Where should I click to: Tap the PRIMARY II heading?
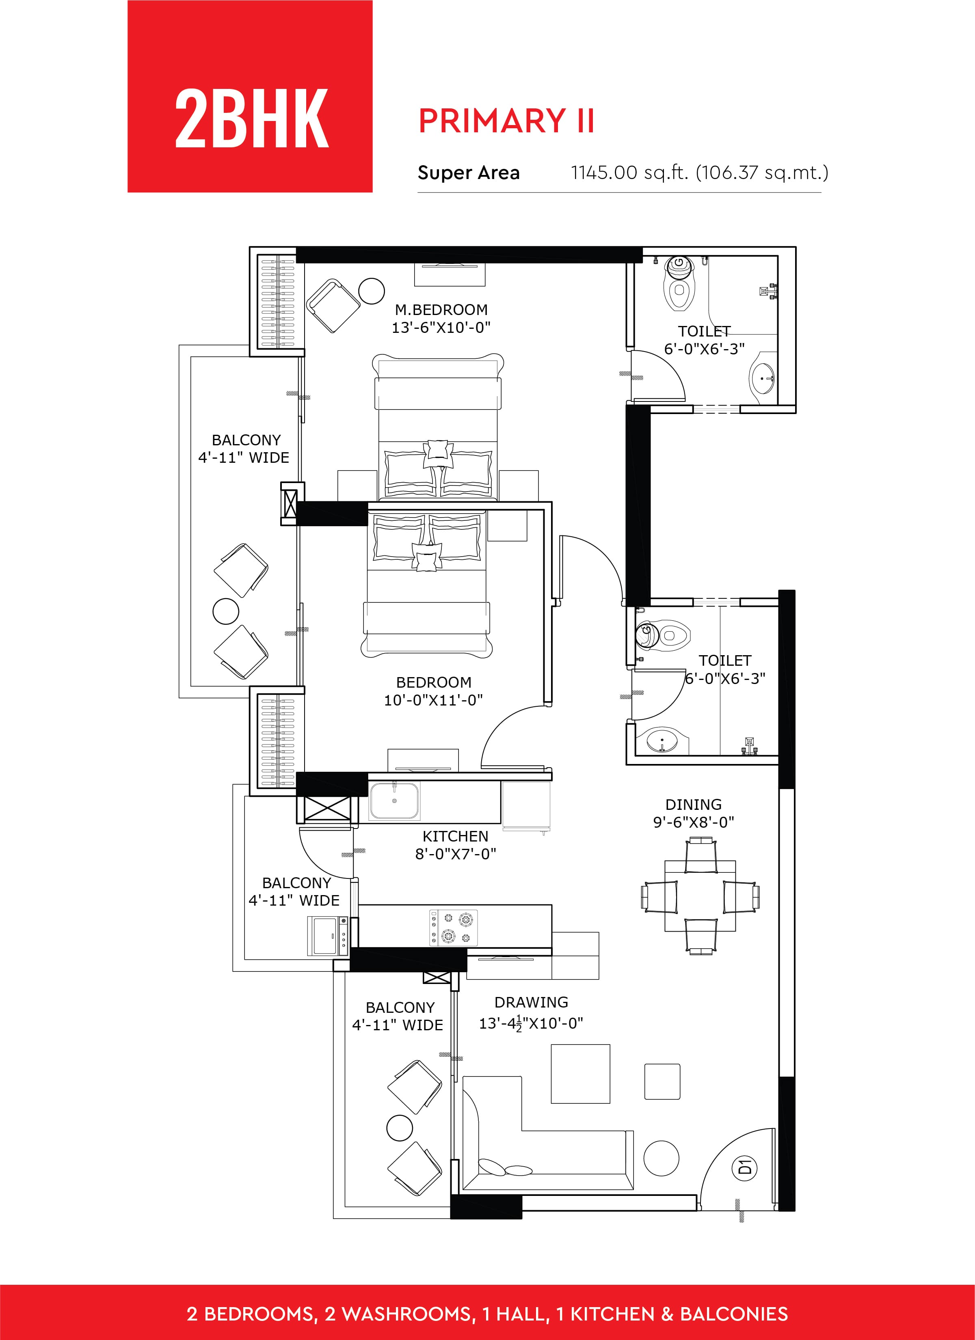(x=506, y=121)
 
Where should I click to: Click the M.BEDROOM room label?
(x=441, y=310)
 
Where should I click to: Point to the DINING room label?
(x=694, y=804)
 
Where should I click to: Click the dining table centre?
(x=700, y=895)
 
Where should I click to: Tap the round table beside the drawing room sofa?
(x=661, y=1158)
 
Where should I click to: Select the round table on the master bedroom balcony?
(x=226, y=611)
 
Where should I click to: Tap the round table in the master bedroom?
(x=372, y=291)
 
